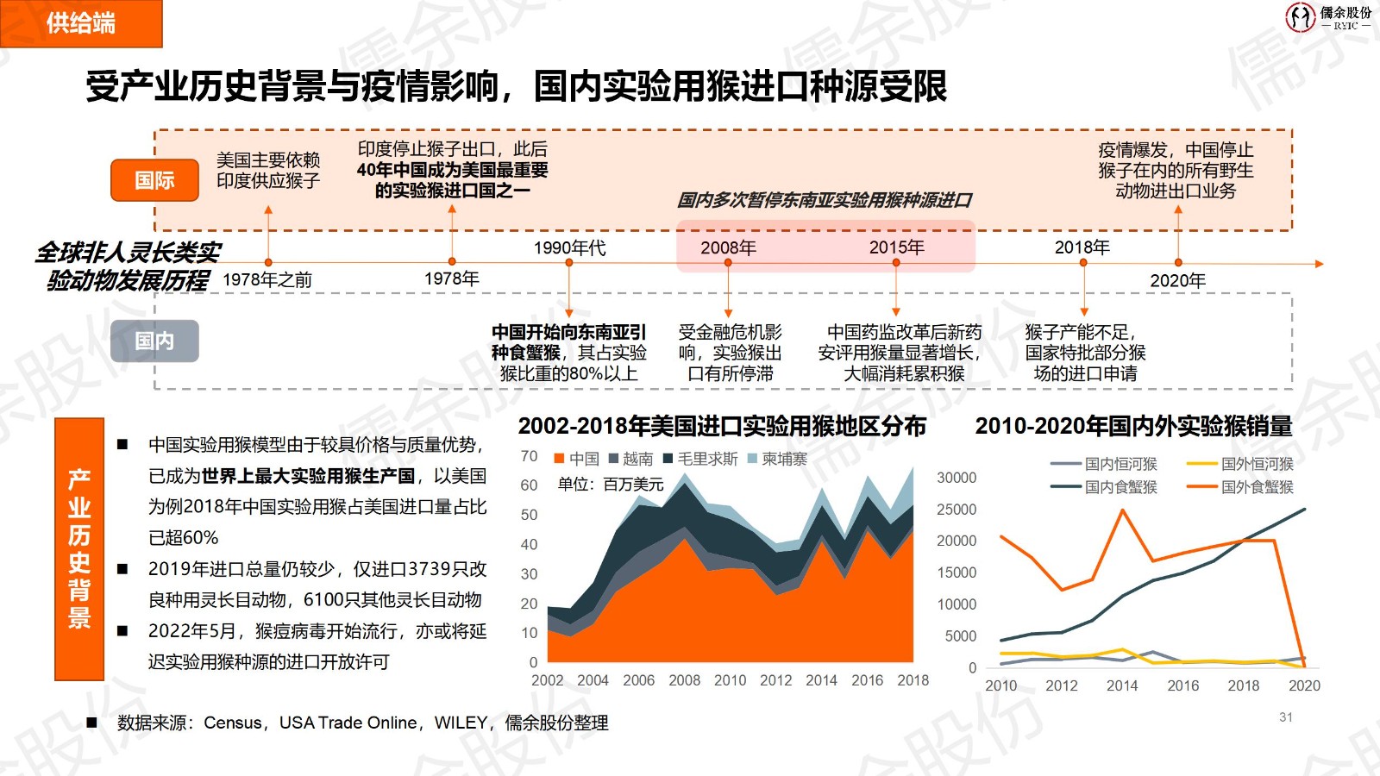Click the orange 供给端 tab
point(81,23)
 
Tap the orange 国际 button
point(155,180)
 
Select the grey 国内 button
point(155,341)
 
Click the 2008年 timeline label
point(728,248)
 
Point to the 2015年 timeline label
point(896,247)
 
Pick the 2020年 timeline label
point(1177,280)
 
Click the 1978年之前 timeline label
point(267,279)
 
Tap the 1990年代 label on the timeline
point(569,248)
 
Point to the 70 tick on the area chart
point(529,456)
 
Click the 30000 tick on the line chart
point(957,478)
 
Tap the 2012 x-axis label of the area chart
point(775,680)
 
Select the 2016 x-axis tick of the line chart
point(1182,685)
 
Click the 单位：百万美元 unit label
point(611,485)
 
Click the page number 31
point(1285,717)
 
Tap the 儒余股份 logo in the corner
point(1327,16)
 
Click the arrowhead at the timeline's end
point(1319,264)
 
